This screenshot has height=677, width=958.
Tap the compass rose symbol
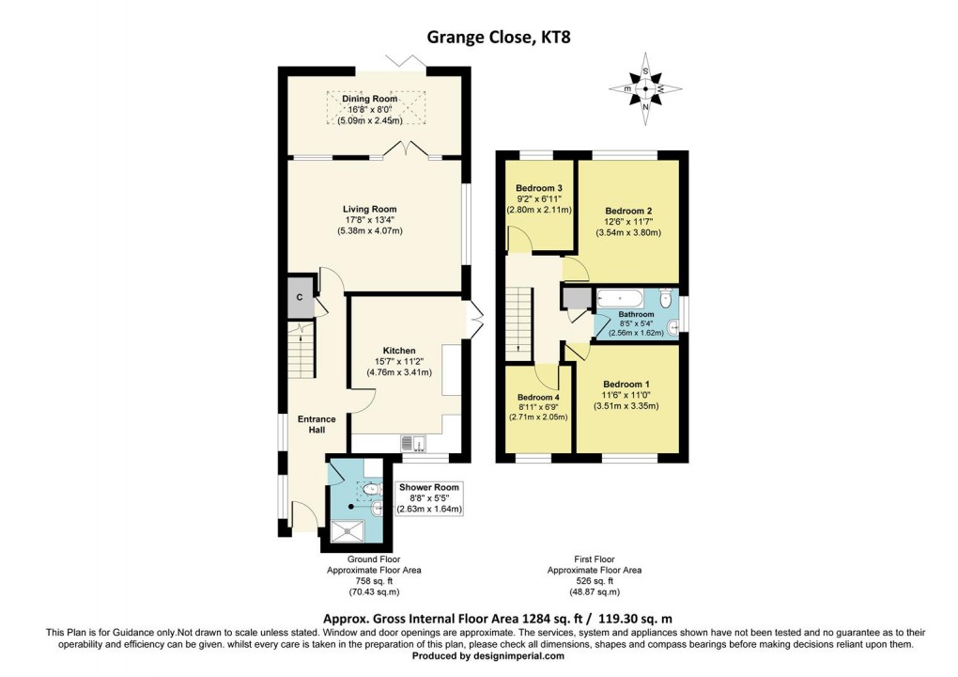pyautogui.click(x=645, y=88)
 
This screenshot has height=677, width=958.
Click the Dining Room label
pyautogui.click(x=371, y=98)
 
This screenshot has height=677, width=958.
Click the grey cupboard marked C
pyautogui.click(x=300, y=297)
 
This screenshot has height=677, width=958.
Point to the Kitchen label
pyautogui.click(x=398, y=351)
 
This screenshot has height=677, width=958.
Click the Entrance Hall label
pyautogui.click(x=311, y=424)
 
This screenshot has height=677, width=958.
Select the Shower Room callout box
pyautogui.click(x=429, y=498)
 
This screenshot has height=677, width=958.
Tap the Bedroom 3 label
pyautogui.click(x=539, y=188)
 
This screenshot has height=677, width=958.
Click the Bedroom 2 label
pyautogui.click(x=628, y=211)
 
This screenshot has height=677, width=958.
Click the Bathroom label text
pyautogui.click(x=636, y=315)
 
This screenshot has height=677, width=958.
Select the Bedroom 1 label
pyautogui.click(x=626, y=385)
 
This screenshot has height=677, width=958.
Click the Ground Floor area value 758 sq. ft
pyautogui.click(x=374, y=581)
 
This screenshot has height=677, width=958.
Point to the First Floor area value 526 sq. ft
pyautogui.click(x=595, y=581)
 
